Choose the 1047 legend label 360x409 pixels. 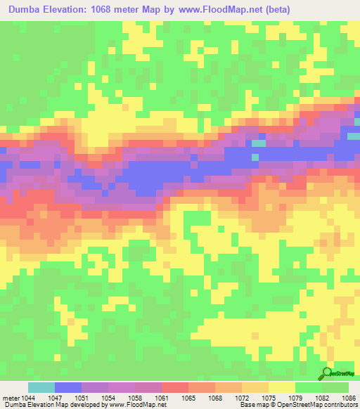click(55, 398)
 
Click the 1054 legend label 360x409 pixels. click(108, 398)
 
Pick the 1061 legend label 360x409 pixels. click(161, 398)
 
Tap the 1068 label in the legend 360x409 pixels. click(214, 398)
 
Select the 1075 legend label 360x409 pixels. click(268, 398)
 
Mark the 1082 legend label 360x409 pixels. click(321, 398)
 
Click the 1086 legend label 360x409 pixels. click(348, 398)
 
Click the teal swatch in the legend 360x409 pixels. click(41, 387)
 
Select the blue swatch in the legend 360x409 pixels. click(68, 387)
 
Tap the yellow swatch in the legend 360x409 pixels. click(281, 387)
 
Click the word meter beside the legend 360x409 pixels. click(11, 398)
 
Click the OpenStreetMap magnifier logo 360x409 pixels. click(327, 373)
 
